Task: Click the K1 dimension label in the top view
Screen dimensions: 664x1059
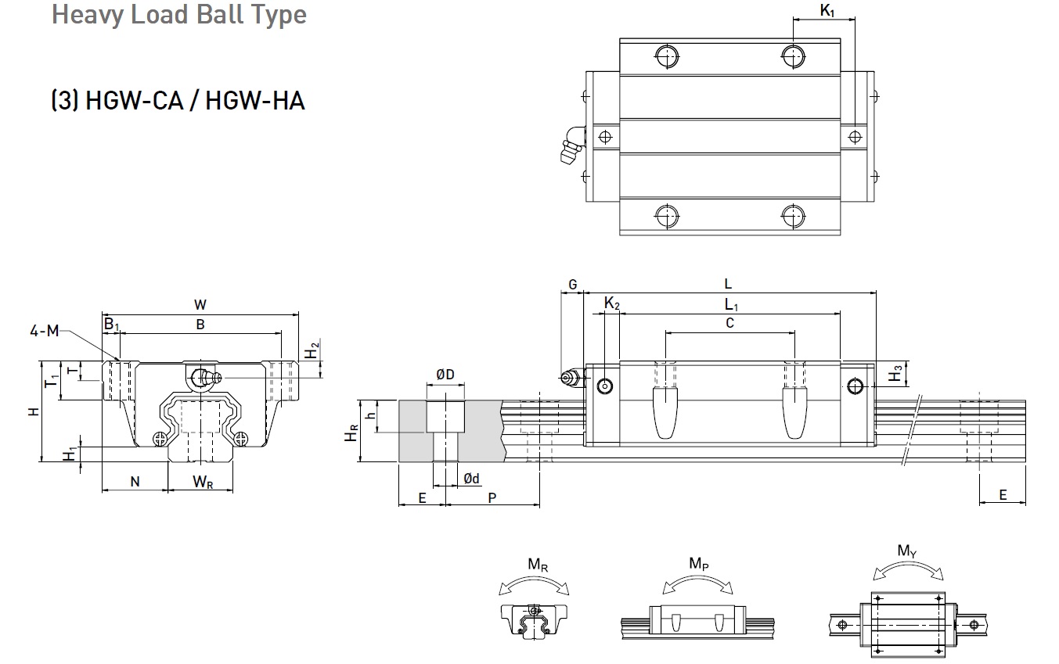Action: pyautogui.click(x=827, y=10)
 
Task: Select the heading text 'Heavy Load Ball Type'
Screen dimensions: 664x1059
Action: pyautogui.click(x=179, y=15)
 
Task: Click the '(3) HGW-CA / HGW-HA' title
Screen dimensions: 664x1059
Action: pyautogui.click(x=178, y=101)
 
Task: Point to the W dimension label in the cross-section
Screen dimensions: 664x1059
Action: pyautogui.click(x=200, y=305)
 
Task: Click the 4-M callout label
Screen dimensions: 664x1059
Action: pyautogui.click(x=44, y=331)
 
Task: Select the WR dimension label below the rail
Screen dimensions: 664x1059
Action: pyautogui.click(x=203, y=482)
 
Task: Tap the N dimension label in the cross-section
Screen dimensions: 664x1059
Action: pyautogui.click(x=135, y=482)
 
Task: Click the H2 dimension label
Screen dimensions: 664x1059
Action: pyautogui.click(x=312, y=351)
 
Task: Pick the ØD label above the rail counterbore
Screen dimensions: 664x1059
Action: pyautogui.click(x=445, y=375)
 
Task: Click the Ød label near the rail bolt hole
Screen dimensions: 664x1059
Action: pyautogui.click(x=471, y=479)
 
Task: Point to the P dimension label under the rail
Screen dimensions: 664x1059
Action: pyautogui.click(x=492, y=497)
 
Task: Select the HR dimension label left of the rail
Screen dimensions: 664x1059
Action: pyautogui.click(x=355, y=431)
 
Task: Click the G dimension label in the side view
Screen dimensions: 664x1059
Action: pyautogui.click(x=572, y=285)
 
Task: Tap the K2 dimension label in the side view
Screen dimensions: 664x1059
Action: pyautogui.click(x=611, y=303)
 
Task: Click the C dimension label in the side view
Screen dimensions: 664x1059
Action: pyautogui.click(x=729, y=322)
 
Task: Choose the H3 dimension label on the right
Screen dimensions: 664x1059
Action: pyautogui.click(x=895, y=375)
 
